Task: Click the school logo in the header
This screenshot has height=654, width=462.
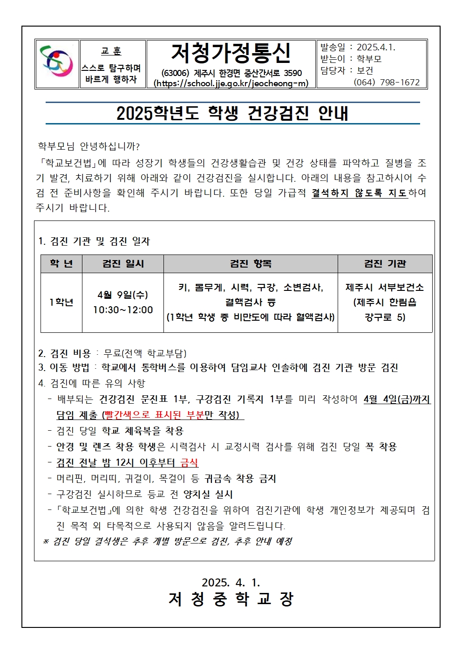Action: tap(57, 64)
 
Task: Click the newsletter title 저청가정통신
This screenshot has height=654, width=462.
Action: tap(231, 53)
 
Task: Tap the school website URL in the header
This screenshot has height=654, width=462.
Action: tap(231, 84)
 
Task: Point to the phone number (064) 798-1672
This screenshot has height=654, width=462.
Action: tap(387, 83)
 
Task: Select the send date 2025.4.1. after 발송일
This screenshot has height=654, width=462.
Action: tap(376, 48)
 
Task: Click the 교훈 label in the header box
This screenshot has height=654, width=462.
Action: tap(111, 51)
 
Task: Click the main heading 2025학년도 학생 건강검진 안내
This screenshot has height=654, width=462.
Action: tap(232, 113)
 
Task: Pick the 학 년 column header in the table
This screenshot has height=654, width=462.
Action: tap(61, 264)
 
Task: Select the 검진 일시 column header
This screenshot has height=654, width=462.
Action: tap(123, 264)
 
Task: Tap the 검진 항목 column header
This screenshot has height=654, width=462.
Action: tap(251, 264)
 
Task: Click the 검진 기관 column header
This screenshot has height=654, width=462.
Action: tap(385, 264)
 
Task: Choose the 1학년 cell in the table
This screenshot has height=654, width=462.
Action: tap(61, 303)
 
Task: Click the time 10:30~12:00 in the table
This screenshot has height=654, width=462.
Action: tap(123, 310)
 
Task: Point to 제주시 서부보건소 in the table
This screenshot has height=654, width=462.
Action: tap(385, 288)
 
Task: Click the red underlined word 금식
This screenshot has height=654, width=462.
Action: tap(189, 463)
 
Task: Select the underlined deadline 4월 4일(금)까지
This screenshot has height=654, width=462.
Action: tap(397, 399)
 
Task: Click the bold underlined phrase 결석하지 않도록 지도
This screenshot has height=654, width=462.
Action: tap(360, 193)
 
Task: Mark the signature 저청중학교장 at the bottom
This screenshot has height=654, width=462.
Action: tap(231, 599)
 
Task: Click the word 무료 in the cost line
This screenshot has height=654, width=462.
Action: tap(112, 354)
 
